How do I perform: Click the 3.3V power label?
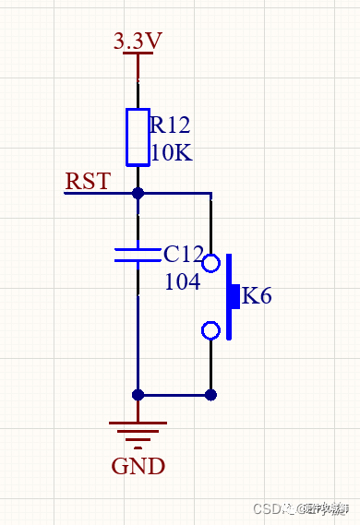[x=138, y=42]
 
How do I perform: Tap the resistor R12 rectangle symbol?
[x=138, y=137]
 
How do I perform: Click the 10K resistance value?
[x=171, y=152]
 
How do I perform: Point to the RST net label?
[x=88, y=181]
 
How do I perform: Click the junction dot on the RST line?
[x=138, y=194]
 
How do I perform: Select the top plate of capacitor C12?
[x=138, y=248]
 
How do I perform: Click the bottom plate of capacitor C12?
[x=138, y=261]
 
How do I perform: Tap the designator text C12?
[x=183, y=254]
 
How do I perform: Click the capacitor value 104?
[x=182, y=281]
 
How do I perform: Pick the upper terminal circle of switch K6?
[x=211, y=264]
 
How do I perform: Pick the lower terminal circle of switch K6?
[x=211, y=330]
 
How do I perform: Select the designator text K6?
[x=256, y=297]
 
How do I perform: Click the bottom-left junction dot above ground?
[x=138, y=395]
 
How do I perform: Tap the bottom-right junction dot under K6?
[x=211, y=395]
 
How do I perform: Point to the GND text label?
[x=138, y=466]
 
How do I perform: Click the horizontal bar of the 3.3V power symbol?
[x=138, y=54]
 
